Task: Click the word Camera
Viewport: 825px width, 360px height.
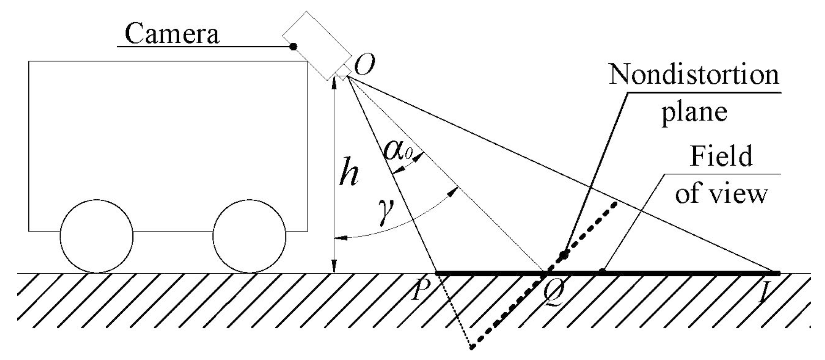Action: [172, 34]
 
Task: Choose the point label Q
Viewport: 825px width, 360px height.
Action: [552, 294]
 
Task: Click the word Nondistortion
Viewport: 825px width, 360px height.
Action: [693, 74]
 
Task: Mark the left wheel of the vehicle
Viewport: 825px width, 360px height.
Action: [96, 236]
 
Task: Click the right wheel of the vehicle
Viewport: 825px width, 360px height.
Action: [249, 236]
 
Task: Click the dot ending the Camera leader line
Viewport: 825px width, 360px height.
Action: [293, 46]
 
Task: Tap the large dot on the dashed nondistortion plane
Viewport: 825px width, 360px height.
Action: [563, 255]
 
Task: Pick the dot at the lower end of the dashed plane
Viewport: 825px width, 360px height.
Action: [472, 347]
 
